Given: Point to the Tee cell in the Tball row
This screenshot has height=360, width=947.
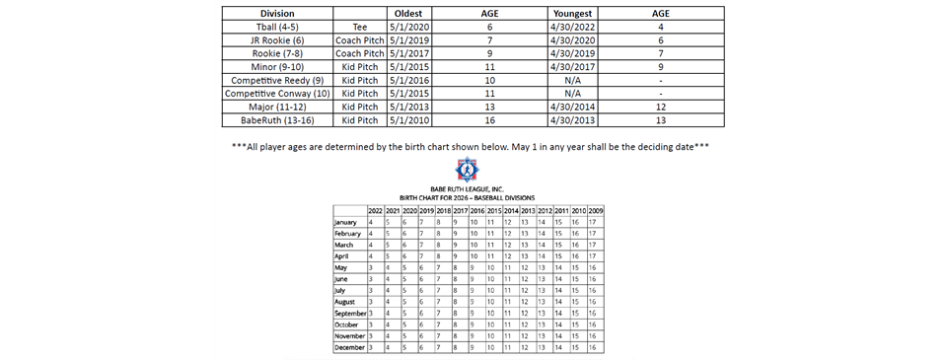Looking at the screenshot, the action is tap(351, 27).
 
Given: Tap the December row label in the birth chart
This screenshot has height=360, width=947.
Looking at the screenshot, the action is tap(350, 347).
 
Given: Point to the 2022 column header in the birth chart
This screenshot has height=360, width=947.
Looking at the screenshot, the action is tap(375, 210).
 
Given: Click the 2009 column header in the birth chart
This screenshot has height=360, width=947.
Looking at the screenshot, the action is tap(596, 210).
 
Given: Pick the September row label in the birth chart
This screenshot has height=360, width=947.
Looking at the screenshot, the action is tap(351, 313).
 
